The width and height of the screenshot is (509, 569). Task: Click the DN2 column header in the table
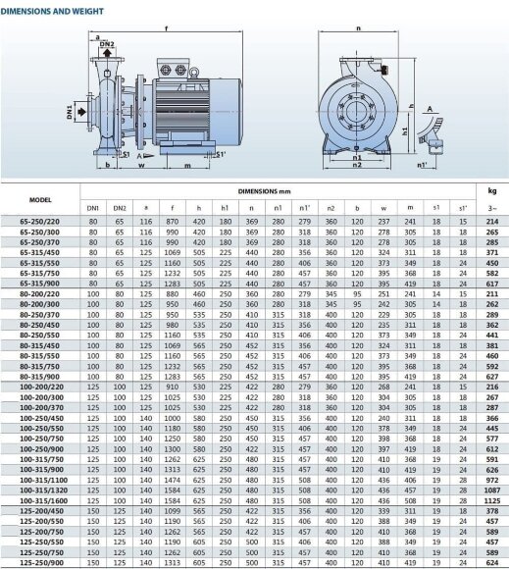(x=120, y=208)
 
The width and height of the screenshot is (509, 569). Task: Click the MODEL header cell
(x=40, y=199)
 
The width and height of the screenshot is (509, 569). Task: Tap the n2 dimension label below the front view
(x=358, y=165)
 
